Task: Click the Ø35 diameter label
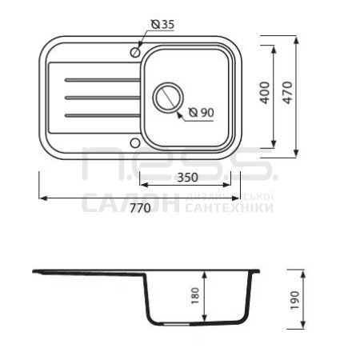(162, 24)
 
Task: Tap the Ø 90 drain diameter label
(202, 113)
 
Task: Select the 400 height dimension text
(265, 93)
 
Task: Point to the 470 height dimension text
(288, 93)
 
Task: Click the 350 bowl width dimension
(188, 178)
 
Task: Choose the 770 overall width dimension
(140, 208)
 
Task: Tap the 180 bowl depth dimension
(195, 295)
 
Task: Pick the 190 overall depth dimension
(295, 300)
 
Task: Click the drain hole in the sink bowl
(168, 98)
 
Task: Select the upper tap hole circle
(135, 52)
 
